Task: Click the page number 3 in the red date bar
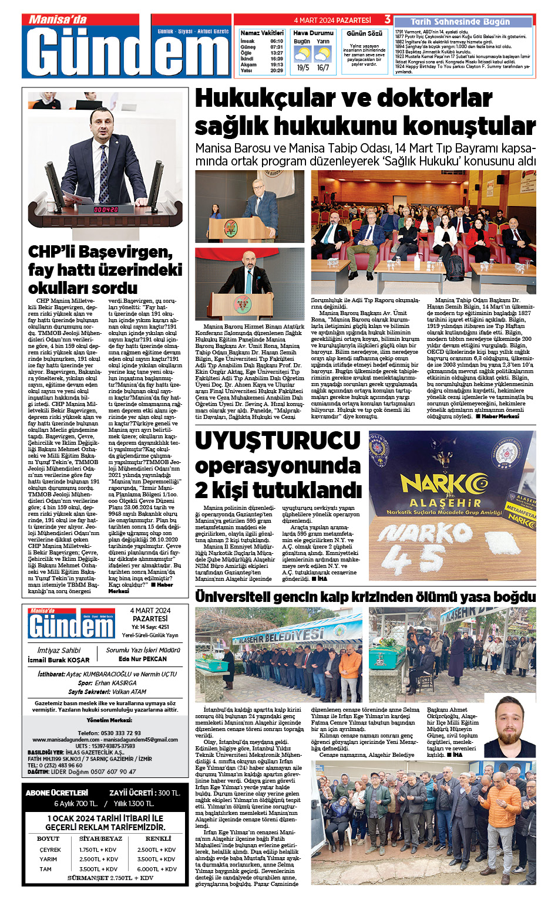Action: [387, 20]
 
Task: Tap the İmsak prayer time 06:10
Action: [276, 42]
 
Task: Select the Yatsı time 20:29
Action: [276, 70]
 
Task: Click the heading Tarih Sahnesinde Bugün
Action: [460, 22]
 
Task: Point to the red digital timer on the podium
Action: [106, 209]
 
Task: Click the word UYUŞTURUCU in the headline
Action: [278, 441]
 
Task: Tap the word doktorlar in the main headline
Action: [433, 99]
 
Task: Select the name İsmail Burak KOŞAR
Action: [59, 660]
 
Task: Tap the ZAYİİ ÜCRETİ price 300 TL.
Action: [169, 793]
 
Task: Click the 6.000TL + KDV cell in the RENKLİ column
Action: [157, 869]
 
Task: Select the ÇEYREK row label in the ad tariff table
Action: [50, 850]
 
